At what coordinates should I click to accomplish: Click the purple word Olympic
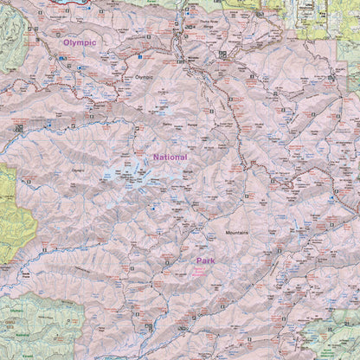click(79, 42)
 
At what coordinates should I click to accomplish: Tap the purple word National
click(170, 157)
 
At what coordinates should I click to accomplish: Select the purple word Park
click(204, 260)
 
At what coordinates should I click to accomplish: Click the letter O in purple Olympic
click(65, 42)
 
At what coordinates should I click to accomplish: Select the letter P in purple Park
click(197, 260)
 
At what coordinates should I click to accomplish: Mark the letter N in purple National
click(156, 157)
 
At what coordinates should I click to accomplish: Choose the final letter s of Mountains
click(247, 233)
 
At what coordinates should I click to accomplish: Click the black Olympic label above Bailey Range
click(144, 77)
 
